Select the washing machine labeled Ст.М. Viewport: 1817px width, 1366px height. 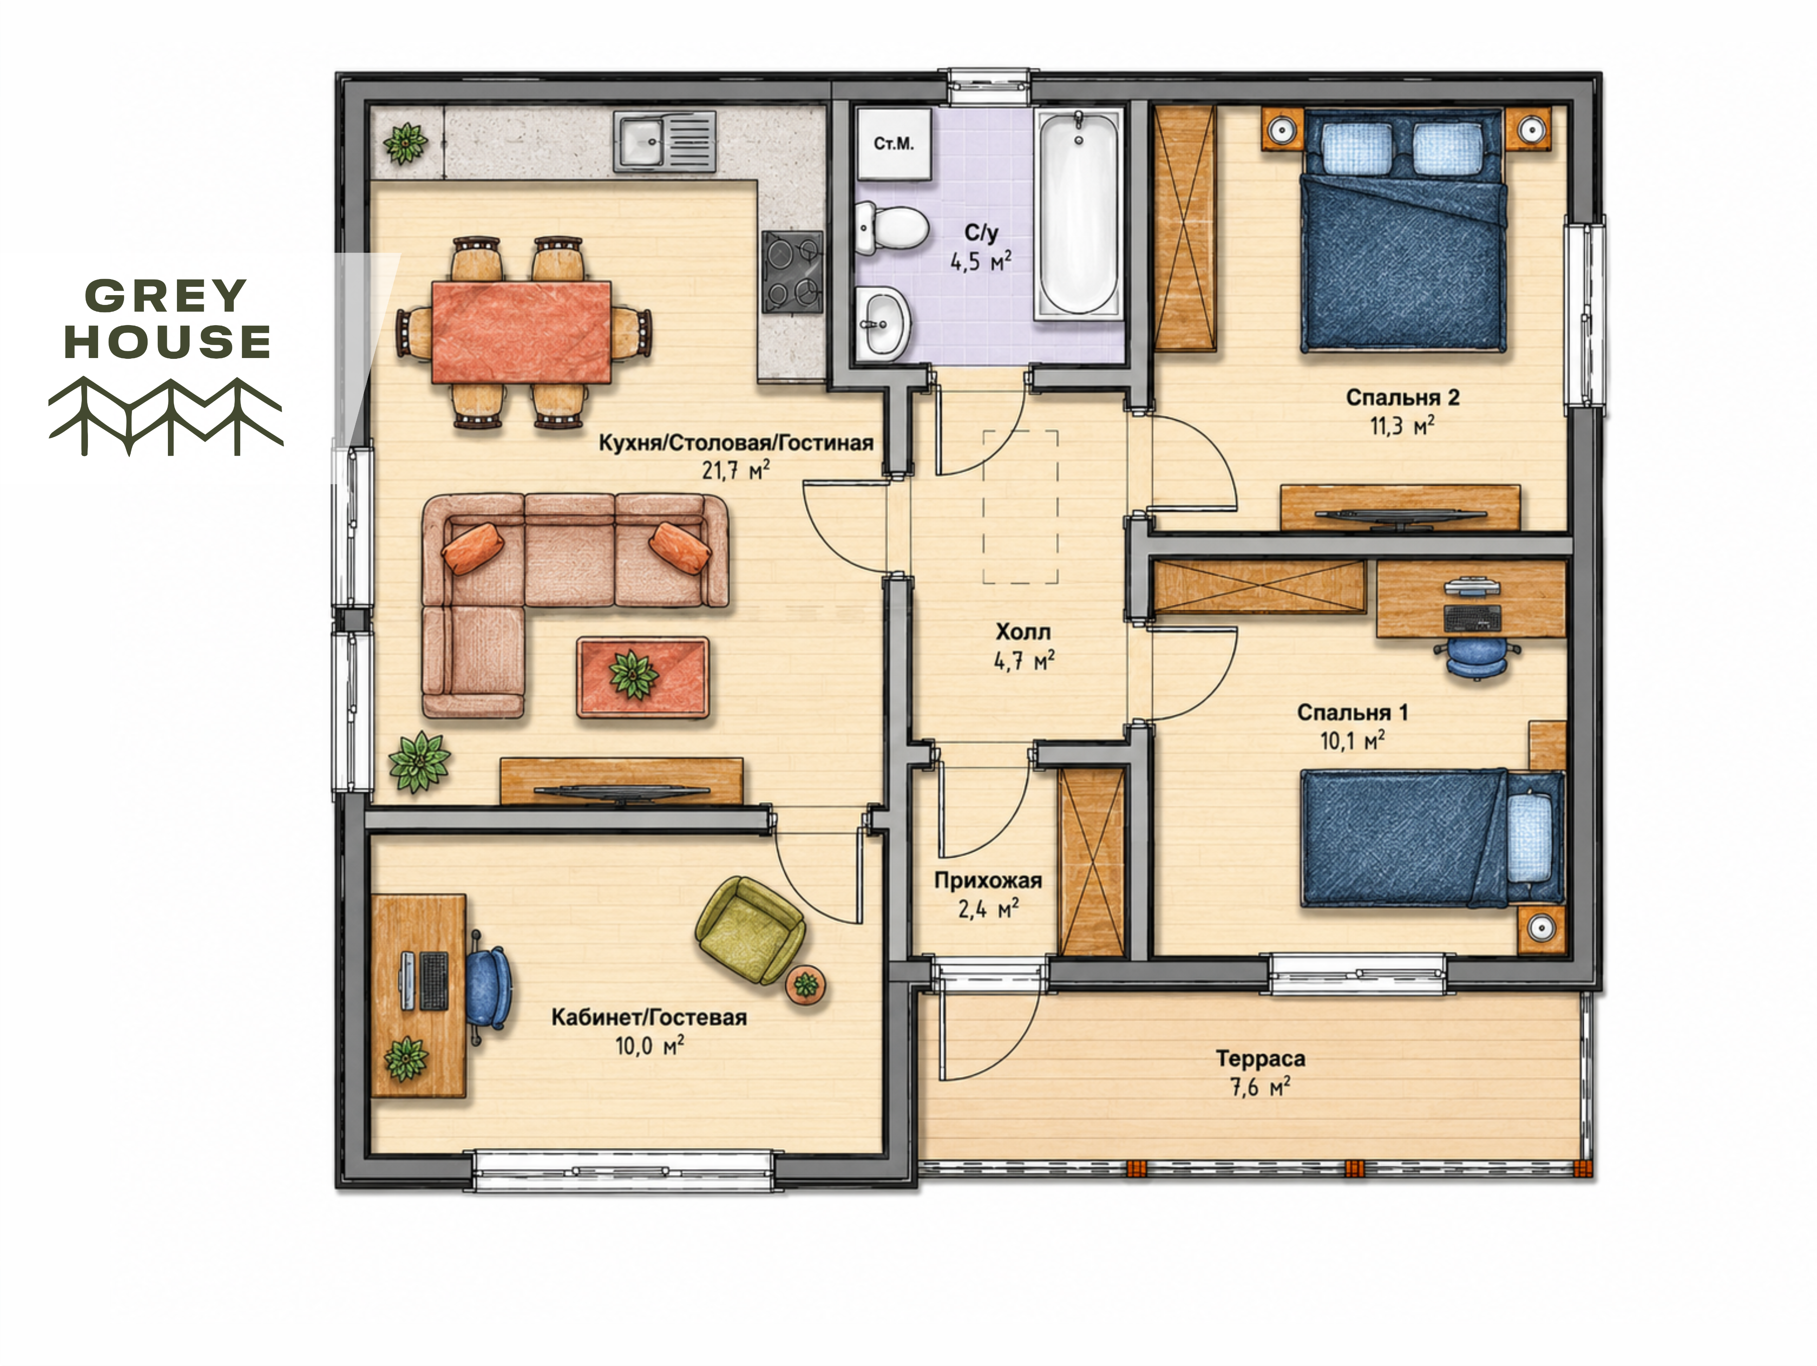(894, 144)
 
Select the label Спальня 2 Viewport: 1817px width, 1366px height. (1402, 398)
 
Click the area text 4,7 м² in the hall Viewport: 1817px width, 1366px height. (1023, 660)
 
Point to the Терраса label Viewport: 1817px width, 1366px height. (1260, 1059)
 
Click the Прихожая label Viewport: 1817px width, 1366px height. (988, 880)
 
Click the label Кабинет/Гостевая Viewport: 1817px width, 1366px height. (649, 1018)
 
